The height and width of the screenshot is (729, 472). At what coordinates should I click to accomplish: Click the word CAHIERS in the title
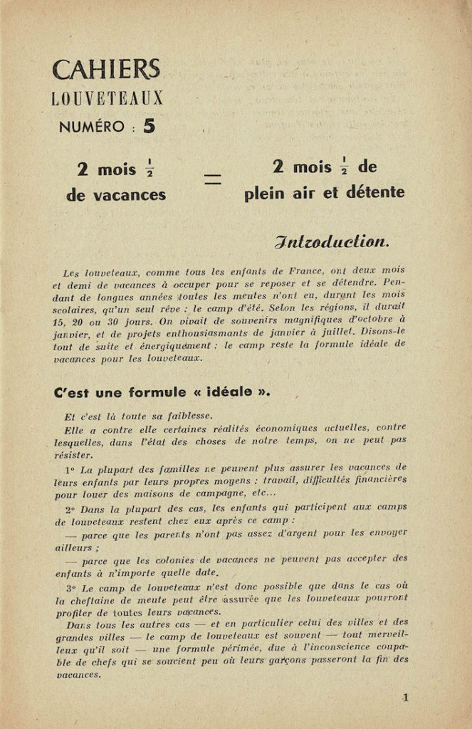coord(106,70)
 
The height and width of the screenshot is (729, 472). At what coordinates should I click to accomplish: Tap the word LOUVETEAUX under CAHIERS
coord(107,98)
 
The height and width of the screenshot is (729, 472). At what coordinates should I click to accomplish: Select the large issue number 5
coord(149,126)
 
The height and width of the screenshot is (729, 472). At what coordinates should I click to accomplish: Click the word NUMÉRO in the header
coord(91,127)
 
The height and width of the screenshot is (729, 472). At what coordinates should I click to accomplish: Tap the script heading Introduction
coord(331,242)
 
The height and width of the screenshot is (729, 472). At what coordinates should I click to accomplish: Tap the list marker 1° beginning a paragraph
coord(69,470)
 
